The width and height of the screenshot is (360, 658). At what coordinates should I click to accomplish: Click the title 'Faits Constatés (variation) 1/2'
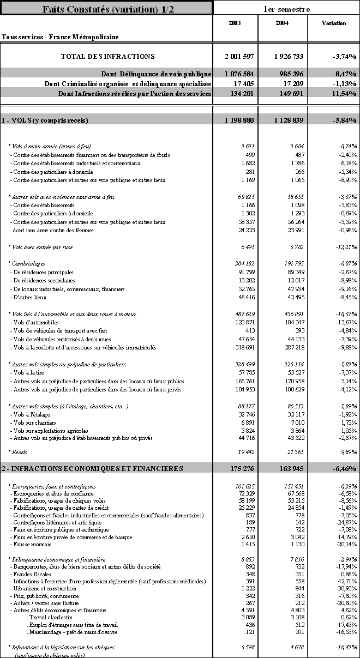coord(106,8)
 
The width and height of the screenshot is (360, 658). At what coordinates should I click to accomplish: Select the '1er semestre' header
coord(286,9)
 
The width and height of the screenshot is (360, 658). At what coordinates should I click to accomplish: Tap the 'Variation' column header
coord(334,23)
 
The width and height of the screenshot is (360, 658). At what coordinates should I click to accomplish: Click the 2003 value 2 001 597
coord(239,56)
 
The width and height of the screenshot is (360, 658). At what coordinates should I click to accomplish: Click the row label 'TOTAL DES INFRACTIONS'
coord(107,56)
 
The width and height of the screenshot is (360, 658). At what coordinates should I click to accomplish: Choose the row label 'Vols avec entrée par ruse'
coord(41,247)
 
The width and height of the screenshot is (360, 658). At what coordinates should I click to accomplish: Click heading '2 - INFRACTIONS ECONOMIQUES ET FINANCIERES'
coord(92,468)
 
